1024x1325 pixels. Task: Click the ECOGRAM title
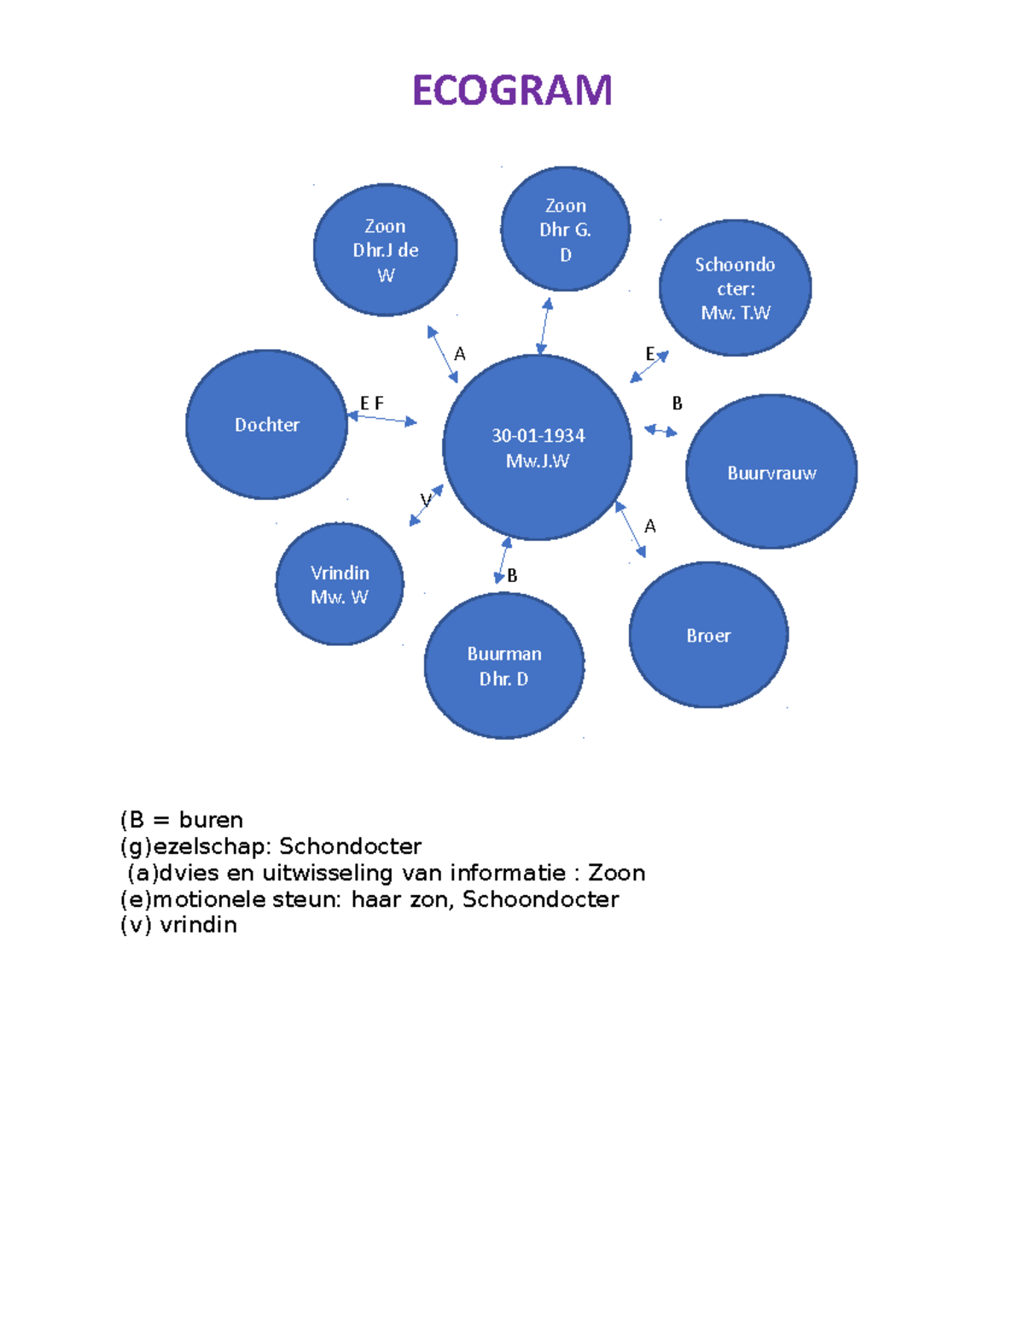tap(512, 90)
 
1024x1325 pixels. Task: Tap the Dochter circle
tap(266, 425)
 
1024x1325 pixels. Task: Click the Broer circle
tap(708, 636)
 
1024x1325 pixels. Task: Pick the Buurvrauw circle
tap(771, 473)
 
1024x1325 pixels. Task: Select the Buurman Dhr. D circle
tap(504, 666)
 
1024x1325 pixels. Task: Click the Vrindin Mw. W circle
tap(340, 584)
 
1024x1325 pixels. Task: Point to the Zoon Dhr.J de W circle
tap(386, 250)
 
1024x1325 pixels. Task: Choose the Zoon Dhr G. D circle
tap(565, 230)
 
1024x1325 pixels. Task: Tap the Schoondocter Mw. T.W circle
tap(735, 288)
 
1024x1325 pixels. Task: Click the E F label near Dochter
tap(371, 403)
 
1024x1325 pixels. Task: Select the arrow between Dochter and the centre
tap(382, 419)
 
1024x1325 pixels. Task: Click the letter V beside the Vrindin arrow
tap(425, 500)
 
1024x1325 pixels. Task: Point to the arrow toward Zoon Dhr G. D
tap(544, 325)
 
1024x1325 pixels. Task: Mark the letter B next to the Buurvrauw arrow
tap(678, 404)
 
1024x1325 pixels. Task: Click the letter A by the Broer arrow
tap(650, 526)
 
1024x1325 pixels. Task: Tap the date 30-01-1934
tap(538, 436)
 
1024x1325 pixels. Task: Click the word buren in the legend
tap(211, 820)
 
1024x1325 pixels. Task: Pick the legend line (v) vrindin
tap(179, 925)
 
